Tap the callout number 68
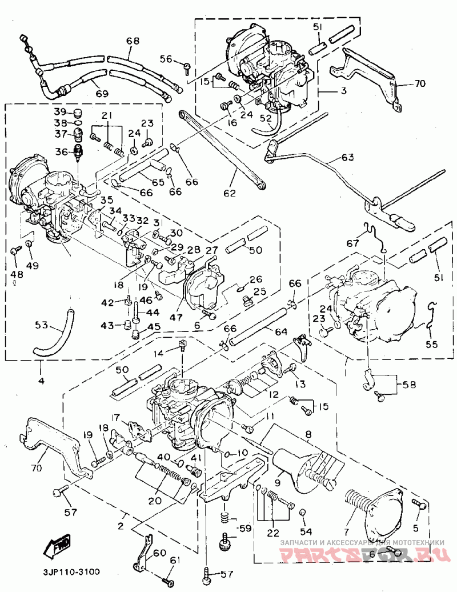[x=133, y=41]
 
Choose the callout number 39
[x=61, y=111]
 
